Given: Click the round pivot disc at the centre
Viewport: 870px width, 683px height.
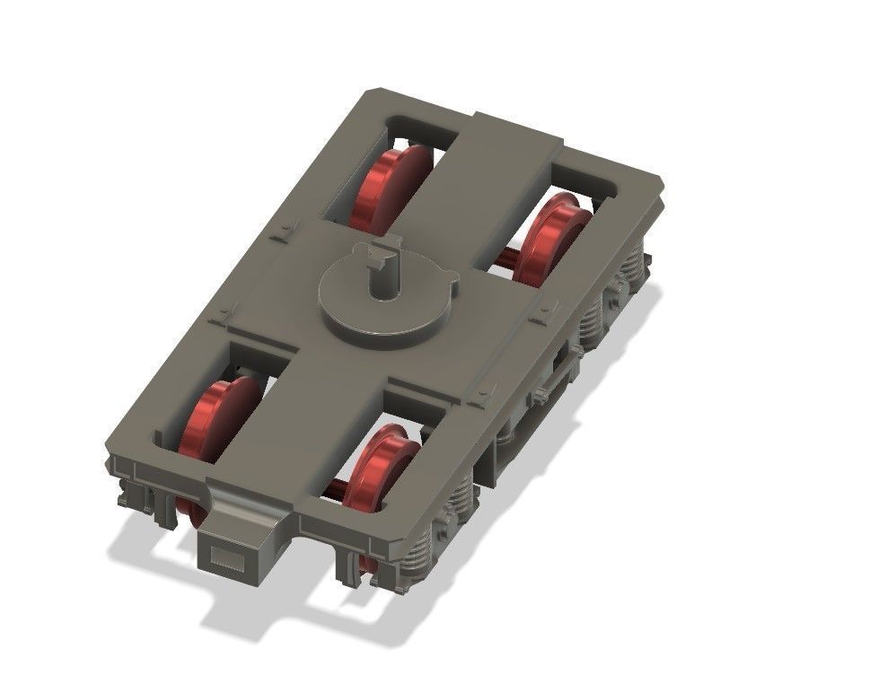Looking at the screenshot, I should [386, 301].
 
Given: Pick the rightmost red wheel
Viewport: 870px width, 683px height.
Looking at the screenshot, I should [549, 235].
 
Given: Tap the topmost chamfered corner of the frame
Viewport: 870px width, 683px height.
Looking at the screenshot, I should [365, 92].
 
